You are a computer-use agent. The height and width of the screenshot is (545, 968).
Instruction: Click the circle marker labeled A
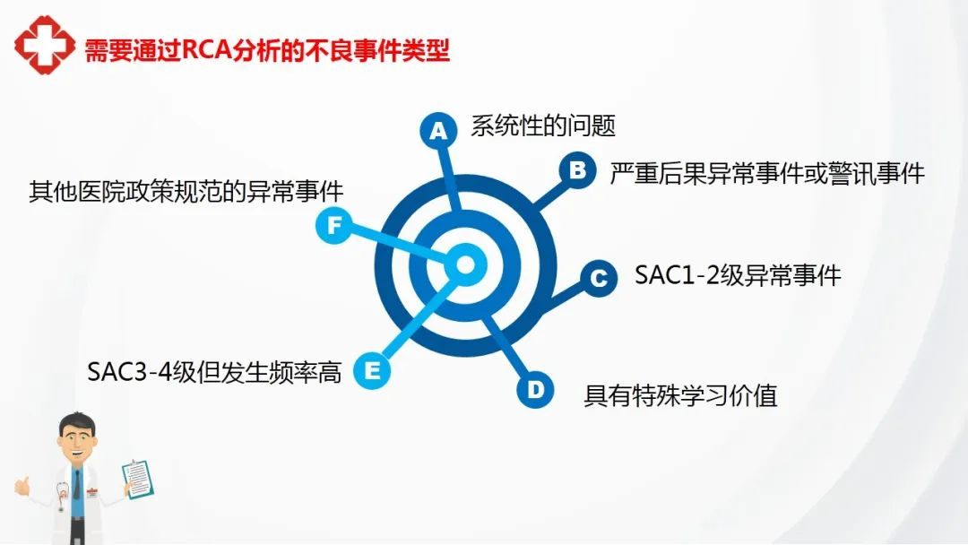(438, 131)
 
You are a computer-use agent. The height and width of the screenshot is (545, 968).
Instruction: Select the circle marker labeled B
(577, 170)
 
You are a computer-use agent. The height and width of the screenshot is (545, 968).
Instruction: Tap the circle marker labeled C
(598, 279)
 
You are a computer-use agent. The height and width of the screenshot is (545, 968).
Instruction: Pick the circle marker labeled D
(534, 389)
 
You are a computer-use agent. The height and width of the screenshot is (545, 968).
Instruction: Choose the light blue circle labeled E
(372, 370)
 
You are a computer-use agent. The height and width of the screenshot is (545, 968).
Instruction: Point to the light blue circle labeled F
(334, 225)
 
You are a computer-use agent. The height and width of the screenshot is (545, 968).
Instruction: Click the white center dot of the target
(465, 264)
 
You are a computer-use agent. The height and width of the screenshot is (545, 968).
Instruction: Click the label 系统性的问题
(543, 125)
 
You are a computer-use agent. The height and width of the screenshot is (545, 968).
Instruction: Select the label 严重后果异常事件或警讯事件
(767, 173)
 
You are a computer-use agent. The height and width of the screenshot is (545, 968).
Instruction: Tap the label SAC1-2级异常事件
(738, 275)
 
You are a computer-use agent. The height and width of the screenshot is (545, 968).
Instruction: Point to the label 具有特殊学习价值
(680, 395)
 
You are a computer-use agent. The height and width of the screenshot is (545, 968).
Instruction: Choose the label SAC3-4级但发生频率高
(214, 372)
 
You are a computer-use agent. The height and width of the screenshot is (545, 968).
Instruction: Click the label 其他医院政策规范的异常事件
(186, 191)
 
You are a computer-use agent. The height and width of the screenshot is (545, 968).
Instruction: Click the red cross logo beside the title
(45, 45)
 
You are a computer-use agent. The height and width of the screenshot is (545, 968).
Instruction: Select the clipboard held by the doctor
(138, 479)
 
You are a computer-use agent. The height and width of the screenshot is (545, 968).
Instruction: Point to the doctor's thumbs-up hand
(22, 486)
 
